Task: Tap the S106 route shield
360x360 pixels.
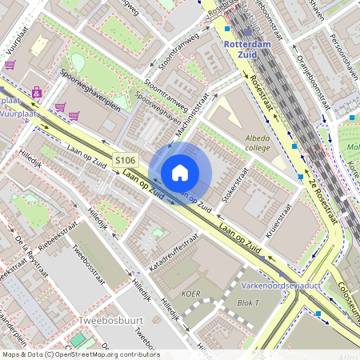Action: [123, 160]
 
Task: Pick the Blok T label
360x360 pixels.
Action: [249, 303]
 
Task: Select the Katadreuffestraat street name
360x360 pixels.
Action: [172, 250]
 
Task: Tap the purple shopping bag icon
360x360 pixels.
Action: [37, 91]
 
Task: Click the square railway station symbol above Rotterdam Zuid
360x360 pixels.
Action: [227, 29]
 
